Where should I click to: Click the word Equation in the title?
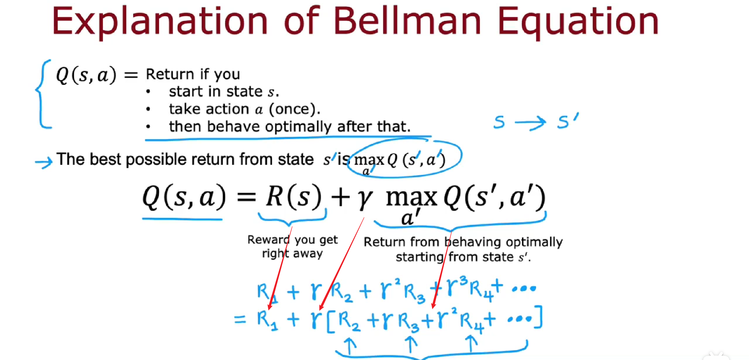[x=578, y=23]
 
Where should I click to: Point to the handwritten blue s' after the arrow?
[x=568, y=121]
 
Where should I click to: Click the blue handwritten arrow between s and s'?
[x=530, y=122]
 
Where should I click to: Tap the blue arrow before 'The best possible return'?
[x=44, y=162]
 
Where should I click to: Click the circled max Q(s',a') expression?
[x=404, y=159]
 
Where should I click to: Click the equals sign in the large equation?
[x=246, y=197]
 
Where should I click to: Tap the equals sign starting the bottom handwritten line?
[x=240, y=319]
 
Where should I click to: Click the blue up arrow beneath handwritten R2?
[x=350, y=345]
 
